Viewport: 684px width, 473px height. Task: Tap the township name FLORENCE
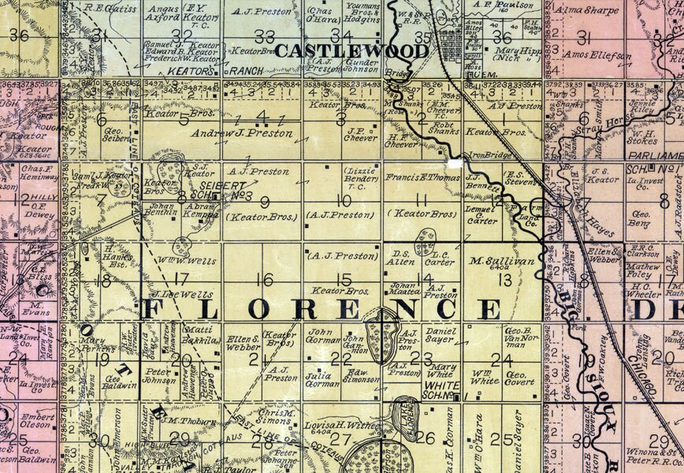[321, 310]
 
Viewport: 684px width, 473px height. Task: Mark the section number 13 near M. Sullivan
[504, 279]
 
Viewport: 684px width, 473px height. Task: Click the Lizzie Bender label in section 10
[359, 175]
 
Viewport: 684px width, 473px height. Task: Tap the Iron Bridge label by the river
[486, 155]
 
